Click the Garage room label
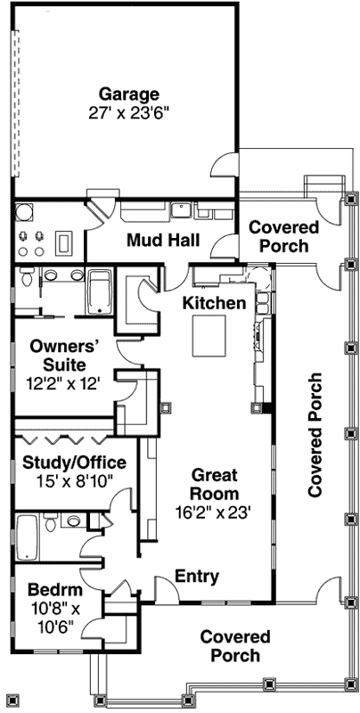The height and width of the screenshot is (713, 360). click(129, 94)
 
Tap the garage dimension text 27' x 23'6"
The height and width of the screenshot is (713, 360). click(129, 113)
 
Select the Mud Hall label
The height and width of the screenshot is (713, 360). click(162, 241)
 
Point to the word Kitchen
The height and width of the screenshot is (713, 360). click(215, 304)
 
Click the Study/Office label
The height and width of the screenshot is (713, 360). click(67, 463)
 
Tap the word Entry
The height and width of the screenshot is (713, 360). click(197, 576)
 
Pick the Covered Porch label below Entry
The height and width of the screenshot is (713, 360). click(235, 646)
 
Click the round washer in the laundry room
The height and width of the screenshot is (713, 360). click(24, 212)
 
